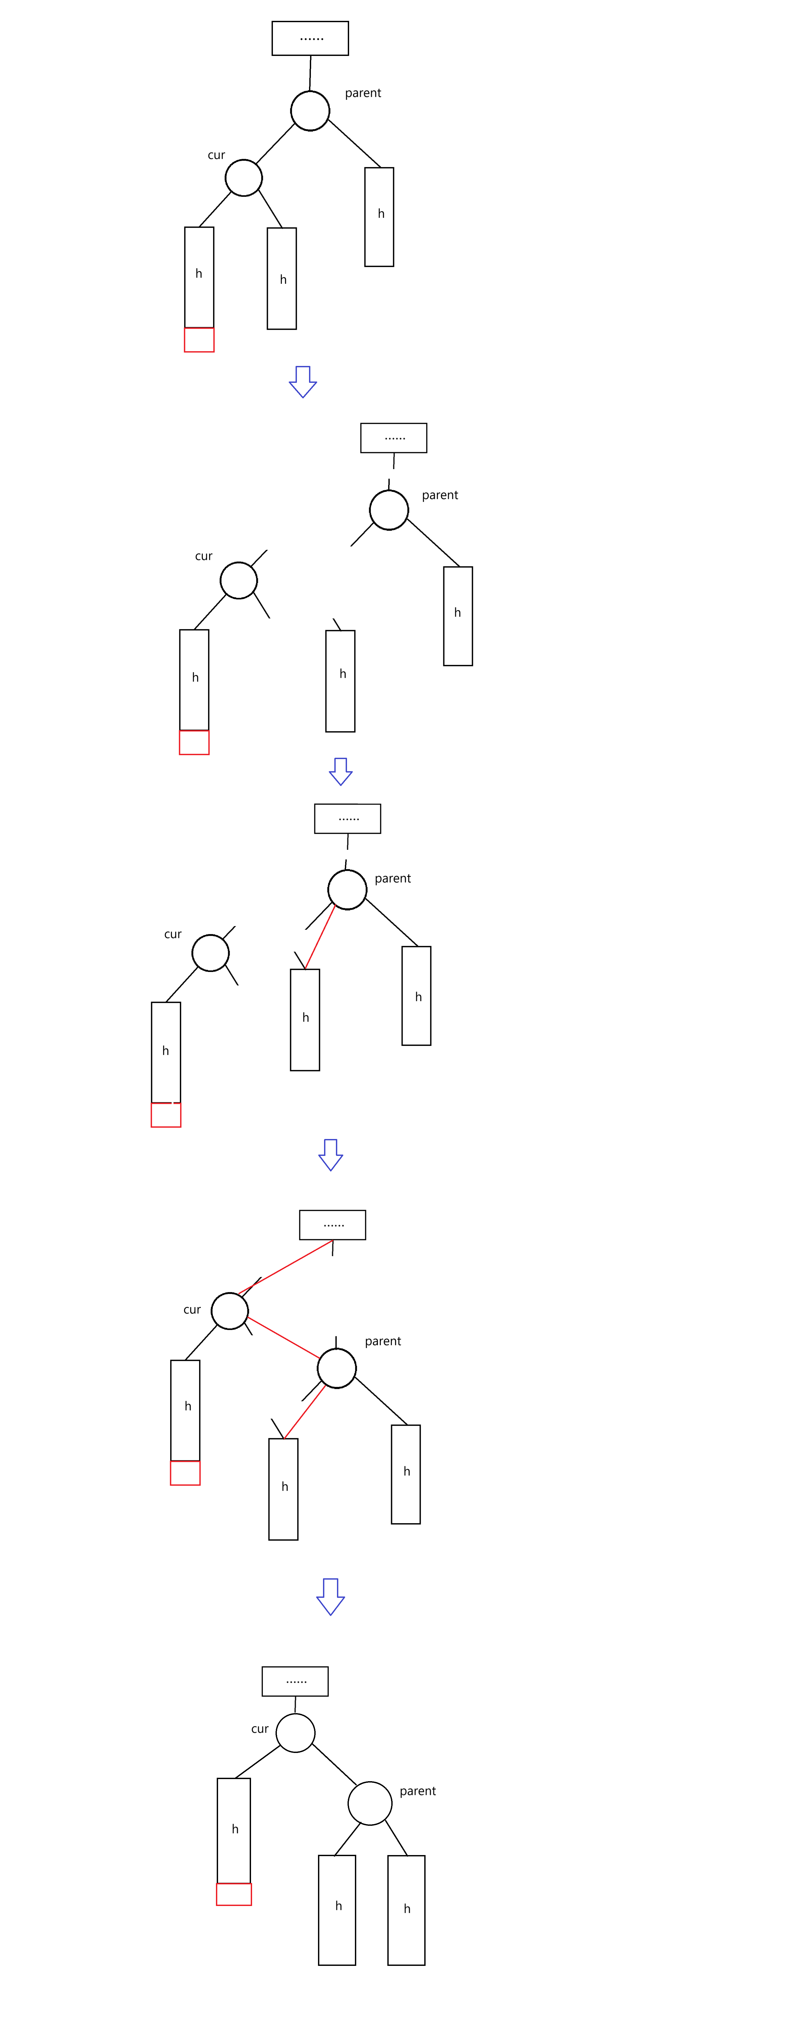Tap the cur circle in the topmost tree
243,178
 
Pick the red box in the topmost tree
199,340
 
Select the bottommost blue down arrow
330,1596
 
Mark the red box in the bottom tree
234,1894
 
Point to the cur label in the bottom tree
260,1728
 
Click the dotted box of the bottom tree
295,1681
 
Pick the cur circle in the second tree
238,581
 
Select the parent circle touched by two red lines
336,1368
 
